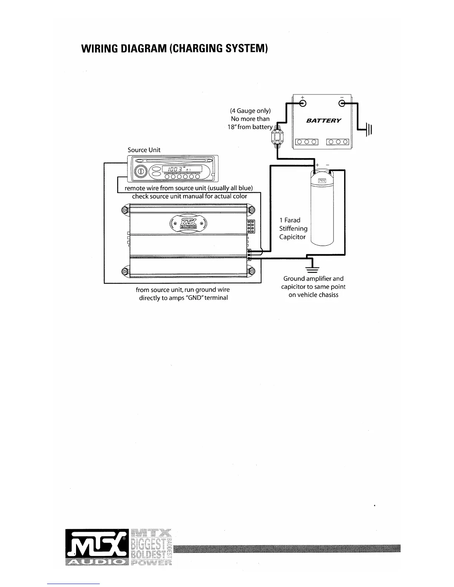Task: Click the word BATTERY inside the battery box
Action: [323, 121]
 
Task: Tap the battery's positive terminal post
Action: [303, 103]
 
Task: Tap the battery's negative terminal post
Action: [341, 103]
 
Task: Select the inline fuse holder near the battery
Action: [276, 137]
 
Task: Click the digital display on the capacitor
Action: [322, 181]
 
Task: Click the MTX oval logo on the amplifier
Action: [188, 223]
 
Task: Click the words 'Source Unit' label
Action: [144, 150]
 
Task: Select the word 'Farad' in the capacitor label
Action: [292, 220]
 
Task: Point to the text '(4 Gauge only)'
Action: [250, 111]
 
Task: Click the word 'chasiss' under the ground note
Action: [327, 295]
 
